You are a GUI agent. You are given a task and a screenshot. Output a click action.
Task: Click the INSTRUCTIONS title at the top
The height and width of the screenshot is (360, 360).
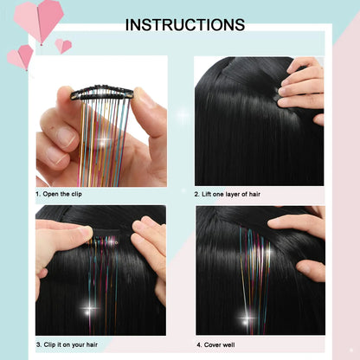pos(185,25)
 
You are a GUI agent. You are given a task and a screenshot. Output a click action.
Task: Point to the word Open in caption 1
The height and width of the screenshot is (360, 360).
pos(55,196)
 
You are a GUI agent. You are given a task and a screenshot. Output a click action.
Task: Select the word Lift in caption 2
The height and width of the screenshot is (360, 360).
pos(213,196)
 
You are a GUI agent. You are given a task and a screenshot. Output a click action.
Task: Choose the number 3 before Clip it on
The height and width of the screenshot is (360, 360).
pos(38,344)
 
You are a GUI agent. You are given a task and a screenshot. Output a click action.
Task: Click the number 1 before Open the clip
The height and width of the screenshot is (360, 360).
pos(38,196)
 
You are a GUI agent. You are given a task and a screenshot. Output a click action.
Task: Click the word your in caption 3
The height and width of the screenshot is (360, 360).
pos(88,344)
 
